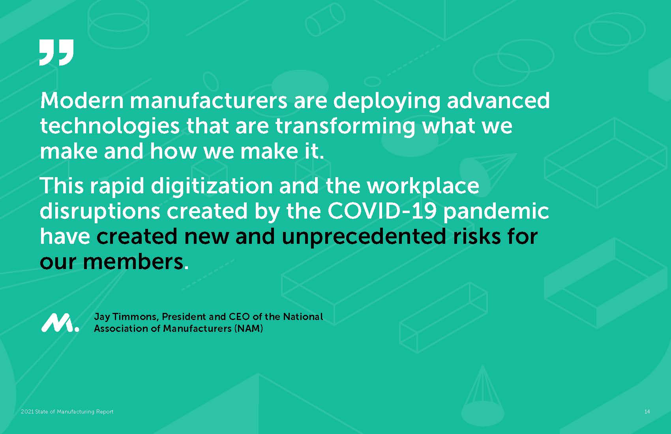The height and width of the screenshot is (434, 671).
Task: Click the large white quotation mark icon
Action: pyautogui.click(x=56, y=52)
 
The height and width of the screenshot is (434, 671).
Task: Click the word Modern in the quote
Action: pyautogui.click(x=82, y=100)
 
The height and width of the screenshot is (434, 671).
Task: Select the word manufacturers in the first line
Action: pyautogui.click(x=208, y=100)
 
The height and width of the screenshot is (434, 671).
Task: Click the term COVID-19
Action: pyautogui.click(x=382, y=211)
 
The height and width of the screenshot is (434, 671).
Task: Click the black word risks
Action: pyautogui.click(x=476, y=236)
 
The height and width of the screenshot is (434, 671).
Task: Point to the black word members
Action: pyautogui.click(x=133, y=262)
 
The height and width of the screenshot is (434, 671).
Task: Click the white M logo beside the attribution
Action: pyautogui.click(x=60, y=323)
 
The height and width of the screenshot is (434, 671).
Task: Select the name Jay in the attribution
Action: pyautogui.click(x=102, y=317)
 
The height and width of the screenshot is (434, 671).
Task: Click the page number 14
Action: pyautogui.click(x=647, y=412)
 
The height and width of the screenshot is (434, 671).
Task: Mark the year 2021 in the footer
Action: pyautogui.click(x=27, y=412)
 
